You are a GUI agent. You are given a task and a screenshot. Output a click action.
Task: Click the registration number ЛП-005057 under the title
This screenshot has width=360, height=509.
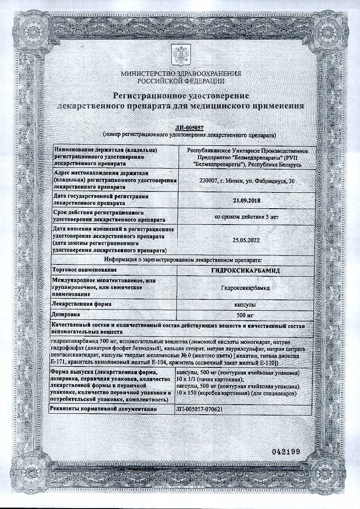[180, 128]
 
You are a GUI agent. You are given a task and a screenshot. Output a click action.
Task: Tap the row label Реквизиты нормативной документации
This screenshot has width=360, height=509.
[105, 409]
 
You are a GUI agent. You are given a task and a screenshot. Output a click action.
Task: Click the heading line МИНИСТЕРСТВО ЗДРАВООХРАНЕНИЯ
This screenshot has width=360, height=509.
[180, 74]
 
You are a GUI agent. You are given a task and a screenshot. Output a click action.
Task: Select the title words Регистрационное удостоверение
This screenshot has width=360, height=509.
[180, 96]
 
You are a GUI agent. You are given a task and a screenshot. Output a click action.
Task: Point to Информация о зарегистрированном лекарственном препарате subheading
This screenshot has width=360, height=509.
[180, 260]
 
